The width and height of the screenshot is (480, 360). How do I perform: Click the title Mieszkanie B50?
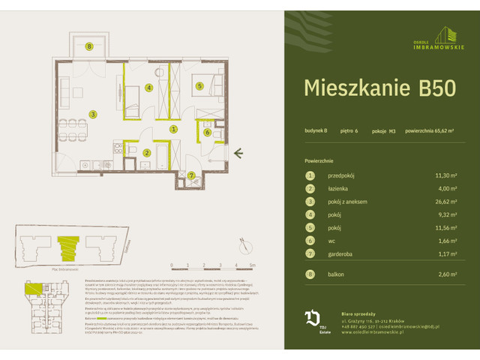pos(379,87)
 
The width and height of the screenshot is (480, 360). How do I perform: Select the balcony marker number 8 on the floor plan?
pos(89,47)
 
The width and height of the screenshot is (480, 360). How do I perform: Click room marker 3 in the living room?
pos(93,114)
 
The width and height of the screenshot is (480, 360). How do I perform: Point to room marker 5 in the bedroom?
pos(200,86)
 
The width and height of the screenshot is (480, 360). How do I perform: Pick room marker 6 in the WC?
pos(207,133)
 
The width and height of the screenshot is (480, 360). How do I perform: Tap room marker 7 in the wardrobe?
pos(192,175)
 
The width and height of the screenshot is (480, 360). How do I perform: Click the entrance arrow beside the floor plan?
pos(238,153)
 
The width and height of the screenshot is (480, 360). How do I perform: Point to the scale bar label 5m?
pos(253,265)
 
